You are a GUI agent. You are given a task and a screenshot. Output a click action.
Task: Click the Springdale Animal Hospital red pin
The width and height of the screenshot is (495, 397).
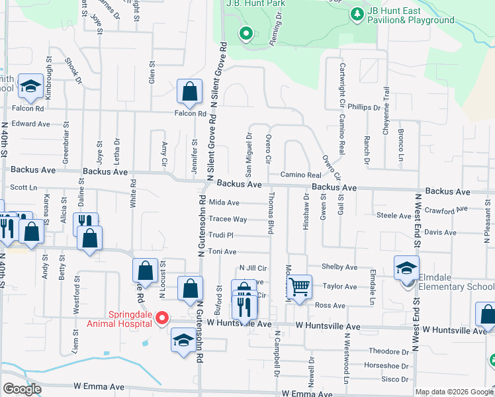pos(161,320)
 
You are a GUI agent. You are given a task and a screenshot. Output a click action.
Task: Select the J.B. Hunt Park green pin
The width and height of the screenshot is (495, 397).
pos(246,32)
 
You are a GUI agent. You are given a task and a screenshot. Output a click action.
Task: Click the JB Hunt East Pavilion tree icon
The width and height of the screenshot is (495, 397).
pos(357,13)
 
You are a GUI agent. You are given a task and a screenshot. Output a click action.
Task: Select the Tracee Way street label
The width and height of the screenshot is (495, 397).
pos(228,219)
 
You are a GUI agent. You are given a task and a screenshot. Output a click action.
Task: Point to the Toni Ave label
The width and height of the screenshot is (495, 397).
pos(223,252)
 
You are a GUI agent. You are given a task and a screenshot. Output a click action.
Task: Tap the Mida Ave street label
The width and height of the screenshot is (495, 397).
pos(224,203)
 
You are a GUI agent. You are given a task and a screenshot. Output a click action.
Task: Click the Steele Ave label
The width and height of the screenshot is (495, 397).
pos(393,216)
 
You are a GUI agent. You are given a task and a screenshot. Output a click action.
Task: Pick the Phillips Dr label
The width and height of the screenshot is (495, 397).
pos(365,107)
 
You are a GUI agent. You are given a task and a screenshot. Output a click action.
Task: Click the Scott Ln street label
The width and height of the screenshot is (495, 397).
pos(23,187)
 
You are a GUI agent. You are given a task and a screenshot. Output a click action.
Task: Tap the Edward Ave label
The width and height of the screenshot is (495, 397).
pos(30,124)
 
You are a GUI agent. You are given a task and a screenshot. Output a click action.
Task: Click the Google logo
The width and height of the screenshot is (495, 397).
pos(22,389)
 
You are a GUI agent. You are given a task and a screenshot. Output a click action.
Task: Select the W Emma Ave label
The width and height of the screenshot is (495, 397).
pos(99,386)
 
